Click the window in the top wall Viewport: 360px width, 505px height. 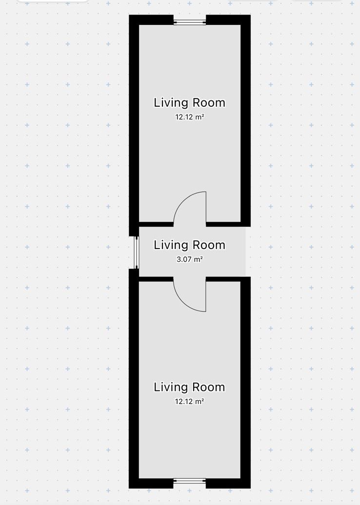(x=189, y=22)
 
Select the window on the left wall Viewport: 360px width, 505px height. (x=137, y=252)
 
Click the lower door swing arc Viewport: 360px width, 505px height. (x=183, y=303)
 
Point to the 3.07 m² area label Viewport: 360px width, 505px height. (x=189, y=259)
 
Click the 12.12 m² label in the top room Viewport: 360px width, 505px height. (x=189, y=117)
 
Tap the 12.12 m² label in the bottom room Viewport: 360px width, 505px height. (x=189, y=401)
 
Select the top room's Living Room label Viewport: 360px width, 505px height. (x=189, y=103)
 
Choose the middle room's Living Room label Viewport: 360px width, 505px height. (x=189, y=245)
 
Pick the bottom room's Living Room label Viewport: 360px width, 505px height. (x=189, y=387)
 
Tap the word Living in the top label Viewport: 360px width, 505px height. (x=171, y=103)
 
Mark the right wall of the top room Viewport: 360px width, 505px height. (x=245, y=120)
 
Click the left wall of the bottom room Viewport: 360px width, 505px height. (x=134, y=378)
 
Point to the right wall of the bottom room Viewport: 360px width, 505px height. (x=245, y=383)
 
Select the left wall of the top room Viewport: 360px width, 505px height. (x=134, y=126)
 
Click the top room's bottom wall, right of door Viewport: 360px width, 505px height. (x=228, y=224)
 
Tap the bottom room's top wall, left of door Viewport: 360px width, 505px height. (x=156, y=279)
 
